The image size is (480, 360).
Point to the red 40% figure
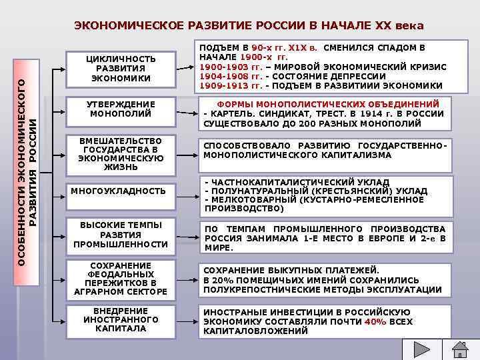tap(375, 321)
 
